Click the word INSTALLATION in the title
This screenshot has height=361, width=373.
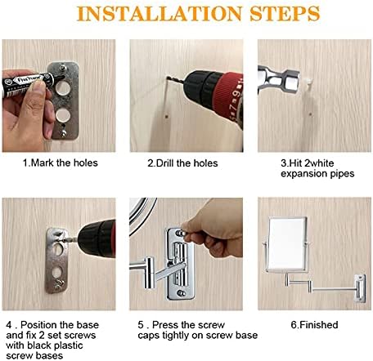coord(160,13)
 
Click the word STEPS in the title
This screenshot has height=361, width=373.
coord(285,13)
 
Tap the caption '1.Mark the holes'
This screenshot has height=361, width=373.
coord(61,163)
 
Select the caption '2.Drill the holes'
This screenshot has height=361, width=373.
coord(182,163)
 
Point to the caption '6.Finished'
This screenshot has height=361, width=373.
coord(314,324)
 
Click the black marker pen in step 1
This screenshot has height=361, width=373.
coord(27,83)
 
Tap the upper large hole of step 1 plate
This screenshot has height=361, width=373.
coord(63,88)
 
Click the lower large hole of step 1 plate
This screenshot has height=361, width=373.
coord(63,115)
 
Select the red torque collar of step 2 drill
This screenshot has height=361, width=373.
coord(227,94)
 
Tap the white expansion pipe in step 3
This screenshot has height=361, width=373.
coord(308,81)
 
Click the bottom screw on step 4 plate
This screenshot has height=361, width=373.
coord(60,284)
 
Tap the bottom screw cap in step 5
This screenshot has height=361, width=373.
coord(181,293)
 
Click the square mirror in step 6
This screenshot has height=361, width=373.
coord(287,244)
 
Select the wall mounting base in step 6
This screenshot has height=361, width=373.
coord(360,288)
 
